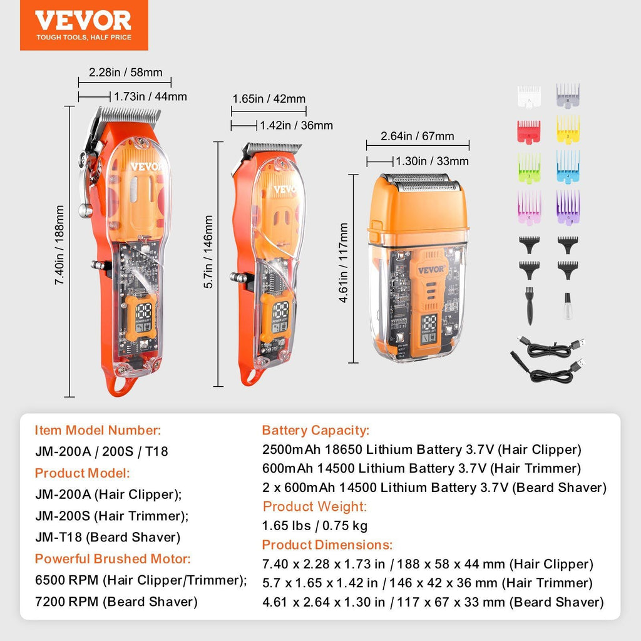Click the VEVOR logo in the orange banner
83,21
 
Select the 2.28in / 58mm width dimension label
125,73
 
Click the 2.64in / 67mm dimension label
418,136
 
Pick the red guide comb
528,131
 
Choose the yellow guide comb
568,130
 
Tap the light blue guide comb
568,166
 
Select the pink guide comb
528,206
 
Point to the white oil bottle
568,306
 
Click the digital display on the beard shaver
430,324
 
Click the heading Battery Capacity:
315,431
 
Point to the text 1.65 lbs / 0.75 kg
314,526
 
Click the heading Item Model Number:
98,431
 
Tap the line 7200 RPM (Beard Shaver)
116,602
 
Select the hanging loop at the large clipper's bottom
118,386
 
